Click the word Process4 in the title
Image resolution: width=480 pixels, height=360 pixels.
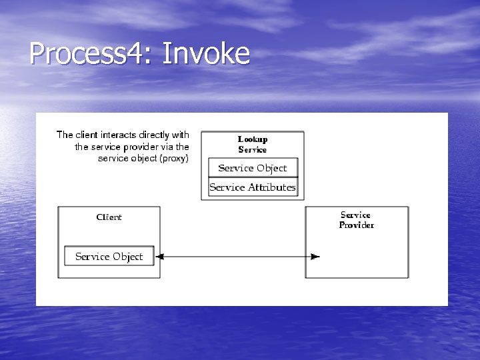86,53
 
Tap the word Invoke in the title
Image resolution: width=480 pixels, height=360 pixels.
205,53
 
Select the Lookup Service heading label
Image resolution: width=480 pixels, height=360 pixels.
253,144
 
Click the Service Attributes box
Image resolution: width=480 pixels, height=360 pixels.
253,187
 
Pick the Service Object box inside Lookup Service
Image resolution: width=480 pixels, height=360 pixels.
253,168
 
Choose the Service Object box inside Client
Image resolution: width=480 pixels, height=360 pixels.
109,256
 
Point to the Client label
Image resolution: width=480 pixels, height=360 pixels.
109,217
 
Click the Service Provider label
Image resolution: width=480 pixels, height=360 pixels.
356,220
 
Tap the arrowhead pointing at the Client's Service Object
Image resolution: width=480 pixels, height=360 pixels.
159,257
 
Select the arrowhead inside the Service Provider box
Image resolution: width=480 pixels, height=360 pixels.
315,257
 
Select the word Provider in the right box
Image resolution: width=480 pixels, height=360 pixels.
356,225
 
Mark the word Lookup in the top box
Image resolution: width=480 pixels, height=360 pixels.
253,139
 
